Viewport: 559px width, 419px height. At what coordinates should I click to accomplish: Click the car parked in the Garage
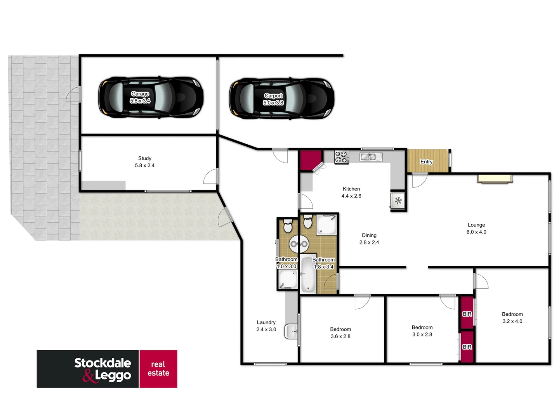[x=151, y=97]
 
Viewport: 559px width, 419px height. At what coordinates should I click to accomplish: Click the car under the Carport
[x=281, y=98]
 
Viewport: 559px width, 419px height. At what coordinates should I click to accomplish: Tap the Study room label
[x=144, y=162]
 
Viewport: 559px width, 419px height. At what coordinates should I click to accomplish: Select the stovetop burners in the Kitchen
[x=342, y=157]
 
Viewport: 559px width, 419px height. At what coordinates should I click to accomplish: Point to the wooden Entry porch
[x=427, y=161]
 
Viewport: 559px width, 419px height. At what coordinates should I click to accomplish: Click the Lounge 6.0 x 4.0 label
[x=476, y=229]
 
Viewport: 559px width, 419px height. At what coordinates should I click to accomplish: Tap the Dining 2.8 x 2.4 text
[x=369, y=239]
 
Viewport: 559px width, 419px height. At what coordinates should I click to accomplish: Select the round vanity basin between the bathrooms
[x=299, y=244]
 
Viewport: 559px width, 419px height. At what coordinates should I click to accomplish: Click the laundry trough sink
[x=292, y=332]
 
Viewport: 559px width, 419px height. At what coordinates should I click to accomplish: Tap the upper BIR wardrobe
[x=467, y=313]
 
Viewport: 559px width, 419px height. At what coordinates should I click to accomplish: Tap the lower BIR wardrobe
[x=467, y=346]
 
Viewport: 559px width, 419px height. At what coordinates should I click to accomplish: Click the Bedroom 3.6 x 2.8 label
[x=340, y=333]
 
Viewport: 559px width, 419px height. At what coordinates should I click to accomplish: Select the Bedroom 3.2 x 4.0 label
[x=512, y=318]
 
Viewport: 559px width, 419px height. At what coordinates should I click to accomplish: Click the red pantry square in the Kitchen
[x=310, y=159]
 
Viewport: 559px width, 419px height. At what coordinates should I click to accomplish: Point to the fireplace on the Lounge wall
[x=495, y=178]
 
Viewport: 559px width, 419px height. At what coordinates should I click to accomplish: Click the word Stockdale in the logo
[x=102, y=363]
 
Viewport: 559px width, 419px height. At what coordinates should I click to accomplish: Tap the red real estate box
[x=158, y=369]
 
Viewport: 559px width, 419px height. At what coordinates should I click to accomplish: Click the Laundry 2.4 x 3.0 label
[x=266, y=326]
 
